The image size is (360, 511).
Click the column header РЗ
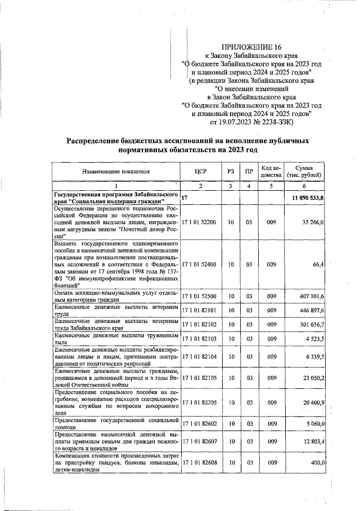tap(230, 171)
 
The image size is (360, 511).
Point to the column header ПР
tap(248, 171)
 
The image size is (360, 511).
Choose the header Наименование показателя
tap(116, 171)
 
